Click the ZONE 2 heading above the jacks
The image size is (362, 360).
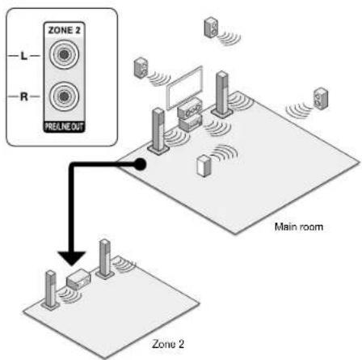tap(65, 30)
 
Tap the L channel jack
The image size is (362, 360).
tap(64, 54)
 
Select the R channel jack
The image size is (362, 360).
tap(64, 95)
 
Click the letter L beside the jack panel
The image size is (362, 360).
tap(24, 56)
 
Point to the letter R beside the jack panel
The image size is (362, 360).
tap(24, 96)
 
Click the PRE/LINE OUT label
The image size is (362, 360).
tap(64, 126)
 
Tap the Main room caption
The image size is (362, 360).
tap(299, 227)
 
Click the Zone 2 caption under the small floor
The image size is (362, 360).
tap(168, 344)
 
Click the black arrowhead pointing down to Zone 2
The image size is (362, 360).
tap(72, 258)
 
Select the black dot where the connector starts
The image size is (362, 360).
tap(140, 164)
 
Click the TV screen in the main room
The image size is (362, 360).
tap(184, 87)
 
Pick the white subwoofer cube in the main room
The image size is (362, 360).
tap(204, 166)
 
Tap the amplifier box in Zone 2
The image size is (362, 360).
tap(78, 279)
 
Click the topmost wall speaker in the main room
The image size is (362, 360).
tap(211, 27)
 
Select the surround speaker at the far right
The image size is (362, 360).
tap(321, 99)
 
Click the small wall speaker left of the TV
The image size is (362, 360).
tap(141, 68)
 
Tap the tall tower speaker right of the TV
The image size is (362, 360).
tap(222, 94)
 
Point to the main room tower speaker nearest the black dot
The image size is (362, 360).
tap(158, 131)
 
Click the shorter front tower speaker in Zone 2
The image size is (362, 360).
tap(51, 290)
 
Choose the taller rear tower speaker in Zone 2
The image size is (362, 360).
tap(104, 259)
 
